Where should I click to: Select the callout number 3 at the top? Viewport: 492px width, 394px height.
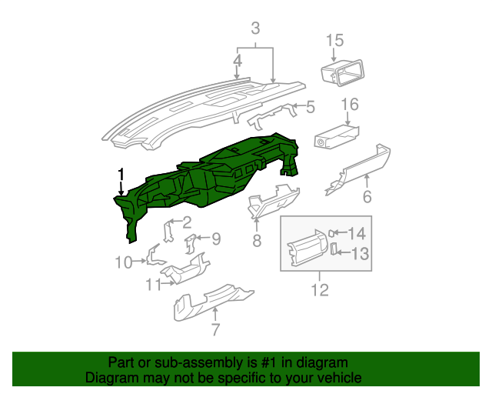pos(255,29)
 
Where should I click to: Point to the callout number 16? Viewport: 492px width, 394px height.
pos(350,104)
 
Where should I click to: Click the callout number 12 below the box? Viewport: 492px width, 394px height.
pos(319,289)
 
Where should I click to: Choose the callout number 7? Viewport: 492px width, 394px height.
pos(215,330)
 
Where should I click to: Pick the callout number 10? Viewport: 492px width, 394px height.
pos(124,262)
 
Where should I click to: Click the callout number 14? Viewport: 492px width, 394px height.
pos(358,233)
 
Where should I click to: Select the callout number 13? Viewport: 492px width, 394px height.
pos(361,252)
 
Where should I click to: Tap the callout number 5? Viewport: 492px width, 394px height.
pos(310,108)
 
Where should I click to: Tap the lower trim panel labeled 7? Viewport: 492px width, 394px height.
pos(211,299)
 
